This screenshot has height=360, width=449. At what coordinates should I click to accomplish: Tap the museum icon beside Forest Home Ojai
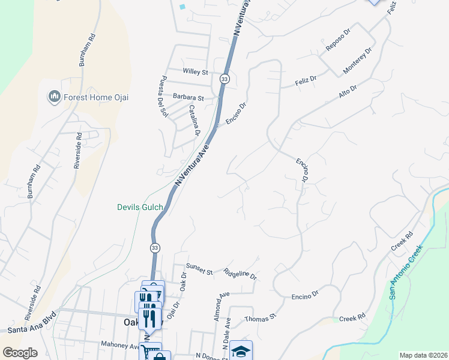tap(54, 97)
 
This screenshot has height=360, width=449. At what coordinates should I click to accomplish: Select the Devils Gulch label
tap(139, 208)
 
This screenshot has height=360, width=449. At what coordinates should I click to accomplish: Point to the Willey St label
tap(196, 72)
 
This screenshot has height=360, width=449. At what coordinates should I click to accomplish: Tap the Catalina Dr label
tap(194, 120)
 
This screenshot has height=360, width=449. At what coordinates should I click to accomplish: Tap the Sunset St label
tap(200, 272)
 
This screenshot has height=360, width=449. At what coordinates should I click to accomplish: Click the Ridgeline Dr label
tap(240, 274)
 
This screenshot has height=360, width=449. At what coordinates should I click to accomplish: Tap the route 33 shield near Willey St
tap(224, 79)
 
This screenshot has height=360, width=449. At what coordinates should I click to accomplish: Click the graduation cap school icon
tap(241, 351)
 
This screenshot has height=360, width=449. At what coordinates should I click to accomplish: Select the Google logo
tap(20, 353)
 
